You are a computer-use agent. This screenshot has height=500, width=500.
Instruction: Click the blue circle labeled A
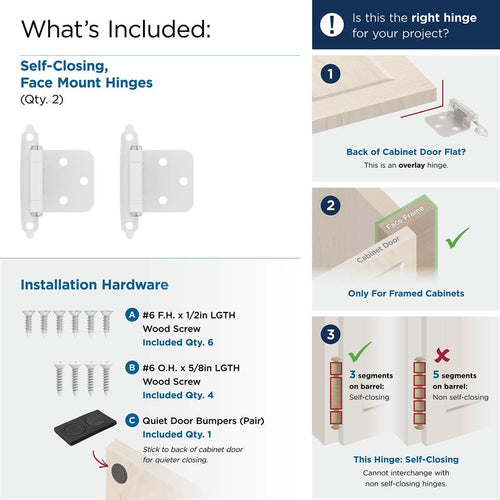[133, 314]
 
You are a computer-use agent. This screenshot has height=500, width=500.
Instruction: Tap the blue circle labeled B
[133, 367]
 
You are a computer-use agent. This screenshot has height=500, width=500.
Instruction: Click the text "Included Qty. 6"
[183, 342]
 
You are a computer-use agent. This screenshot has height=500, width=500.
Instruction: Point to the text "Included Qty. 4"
[183, 395]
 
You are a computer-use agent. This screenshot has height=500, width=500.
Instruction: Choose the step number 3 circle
[332, 332]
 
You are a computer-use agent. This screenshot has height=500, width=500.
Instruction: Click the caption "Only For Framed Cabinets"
[405, 294]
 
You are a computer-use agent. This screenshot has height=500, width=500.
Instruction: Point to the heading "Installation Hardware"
[95, 286]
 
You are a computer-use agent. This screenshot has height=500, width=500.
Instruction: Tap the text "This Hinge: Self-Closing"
[405, 458]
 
